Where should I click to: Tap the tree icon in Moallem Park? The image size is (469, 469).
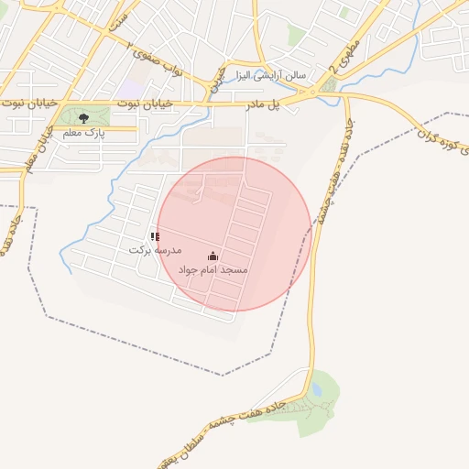tap(84, 118)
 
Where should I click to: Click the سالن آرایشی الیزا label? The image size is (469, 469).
tap(269, 73)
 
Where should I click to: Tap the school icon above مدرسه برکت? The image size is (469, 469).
tap(154, 236)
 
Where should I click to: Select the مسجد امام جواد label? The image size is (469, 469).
tap(213, 271)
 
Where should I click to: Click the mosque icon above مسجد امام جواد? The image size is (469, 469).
tap(213, 256)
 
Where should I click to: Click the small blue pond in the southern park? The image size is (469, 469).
tap(316, 390)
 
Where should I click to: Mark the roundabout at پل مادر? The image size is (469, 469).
tap(317, 93)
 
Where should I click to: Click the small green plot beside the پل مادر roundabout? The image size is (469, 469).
tap(329, 85)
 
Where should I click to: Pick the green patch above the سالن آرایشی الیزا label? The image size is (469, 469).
tap(296, 35)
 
